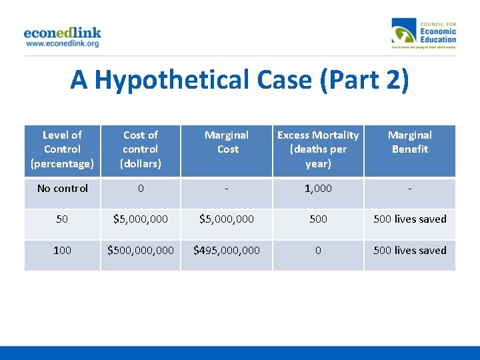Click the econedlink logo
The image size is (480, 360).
pos(62,32)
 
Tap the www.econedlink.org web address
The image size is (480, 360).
pos(62,44)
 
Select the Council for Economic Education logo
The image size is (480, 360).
pos(424,33)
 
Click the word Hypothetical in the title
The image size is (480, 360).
pos(203,80)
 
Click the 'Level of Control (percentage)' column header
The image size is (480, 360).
pos(62,149)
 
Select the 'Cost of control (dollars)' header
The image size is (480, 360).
pos(140,149)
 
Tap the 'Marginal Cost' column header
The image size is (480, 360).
pos(227,142)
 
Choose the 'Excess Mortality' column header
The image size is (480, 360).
pos(318,149)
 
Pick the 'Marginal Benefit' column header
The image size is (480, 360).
pos(409,142)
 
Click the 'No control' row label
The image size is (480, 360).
pos(63,189)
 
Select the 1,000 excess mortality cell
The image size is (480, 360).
pos(318,189)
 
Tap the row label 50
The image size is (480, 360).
pos(62,219)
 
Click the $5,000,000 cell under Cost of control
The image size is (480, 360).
pos(140,219)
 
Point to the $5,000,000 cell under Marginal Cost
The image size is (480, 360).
pos(227,219)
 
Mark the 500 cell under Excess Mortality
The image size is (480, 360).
pos(318,219)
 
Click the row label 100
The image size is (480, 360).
pos(62,250)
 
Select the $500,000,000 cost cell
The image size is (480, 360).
pos(140,250)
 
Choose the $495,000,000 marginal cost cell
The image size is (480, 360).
pos(227,250)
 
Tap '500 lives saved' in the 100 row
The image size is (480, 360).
pos(409,250)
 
